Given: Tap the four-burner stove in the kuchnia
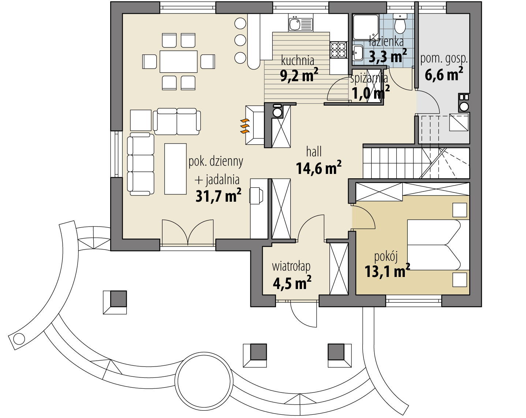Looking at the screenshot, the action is pyautogui.click(x=339, y=50).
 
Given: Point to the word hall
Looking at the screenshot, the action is pyautogui.click(x=314, y=152).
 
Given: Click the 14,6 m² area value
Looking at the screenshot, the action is pyautogui.click(x=318, y=167).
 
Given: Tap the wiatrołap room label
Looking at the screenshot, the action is pyautogui.click(x=291, y=267).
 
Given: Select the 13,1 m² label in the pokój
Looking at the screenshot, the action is pyautogui.click(x=387, y=271).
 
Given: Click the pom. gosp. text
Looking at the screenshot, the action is pyautogui.click(x=444, y=59).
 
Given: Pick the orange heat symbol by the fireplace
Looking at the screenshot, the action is pyautogui.click(x=245, y=126).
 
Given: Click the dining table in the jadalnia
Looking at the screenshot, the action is pyautogui.click(x=178, y=61).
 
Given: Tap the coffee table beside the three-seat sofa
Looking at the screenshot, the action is pyautogui.click(x=175, y=169).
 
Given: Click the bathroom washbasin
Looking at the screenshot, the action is pyautogui.click(x=358, y=53).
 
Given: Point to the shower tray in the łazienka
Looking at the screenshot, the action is pyautogui.click(x=365, y=27).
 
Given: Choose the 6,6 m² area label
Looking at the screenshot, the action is pyautogui.click(x=444, y=74).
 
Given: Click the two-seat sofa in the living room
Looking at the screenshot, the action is pyautogui.click(x=177, y=122).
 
